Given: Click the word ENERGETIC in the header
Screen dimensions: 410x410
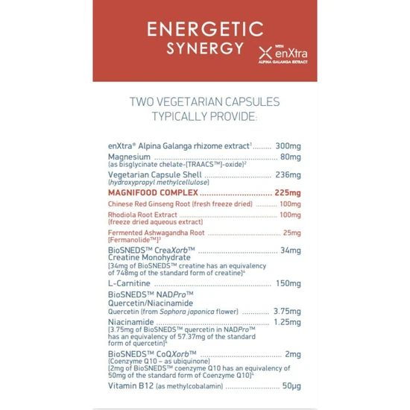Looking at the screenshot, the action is (205, 29).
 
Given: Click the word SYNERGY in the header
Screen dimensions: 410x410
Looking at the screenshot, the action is (205, 48).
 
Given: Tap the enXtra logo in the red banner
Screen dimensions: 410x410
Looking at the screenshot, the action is (283, 54).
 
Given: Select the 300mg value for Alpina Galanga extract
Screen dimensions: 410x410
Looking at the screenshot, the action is (288, 145).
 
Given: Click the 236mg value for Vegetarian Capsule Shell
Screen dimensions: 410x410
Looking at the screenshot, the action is (287, 175).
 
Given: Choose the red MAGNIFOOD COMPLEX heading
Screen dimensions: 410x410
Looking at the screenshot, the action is (153, 192).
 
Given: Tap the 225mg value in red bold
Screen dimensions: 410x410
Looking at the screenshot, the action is (288, 192).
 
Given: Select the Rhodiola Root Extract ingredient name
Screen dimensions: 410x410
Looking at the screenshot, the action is (142, 215).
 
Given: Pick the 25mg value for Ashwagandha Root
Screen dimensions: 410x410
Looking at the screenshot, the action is (292, 233).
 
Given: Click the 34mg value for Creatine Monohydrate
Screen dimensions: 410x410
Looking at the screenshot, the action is (291, 250).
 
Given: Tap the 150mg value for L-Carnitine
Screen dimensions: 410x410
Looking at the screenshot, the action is (288, 283).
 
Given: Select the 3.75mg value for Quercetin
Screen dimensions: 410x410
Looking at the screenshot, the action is (287, 311).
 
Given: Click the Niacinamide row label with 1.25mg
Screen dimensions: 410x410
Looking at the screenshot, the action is (130, 322).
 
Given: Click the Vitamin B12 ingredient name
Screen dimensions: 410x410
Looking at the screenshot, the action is (130, 386).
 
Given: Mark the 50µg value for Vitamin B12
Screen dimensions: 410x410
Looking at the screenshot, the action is (291, 386).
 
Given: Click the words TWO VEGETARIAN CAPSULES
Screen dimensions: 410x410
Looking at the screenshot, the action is (205, 101).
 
